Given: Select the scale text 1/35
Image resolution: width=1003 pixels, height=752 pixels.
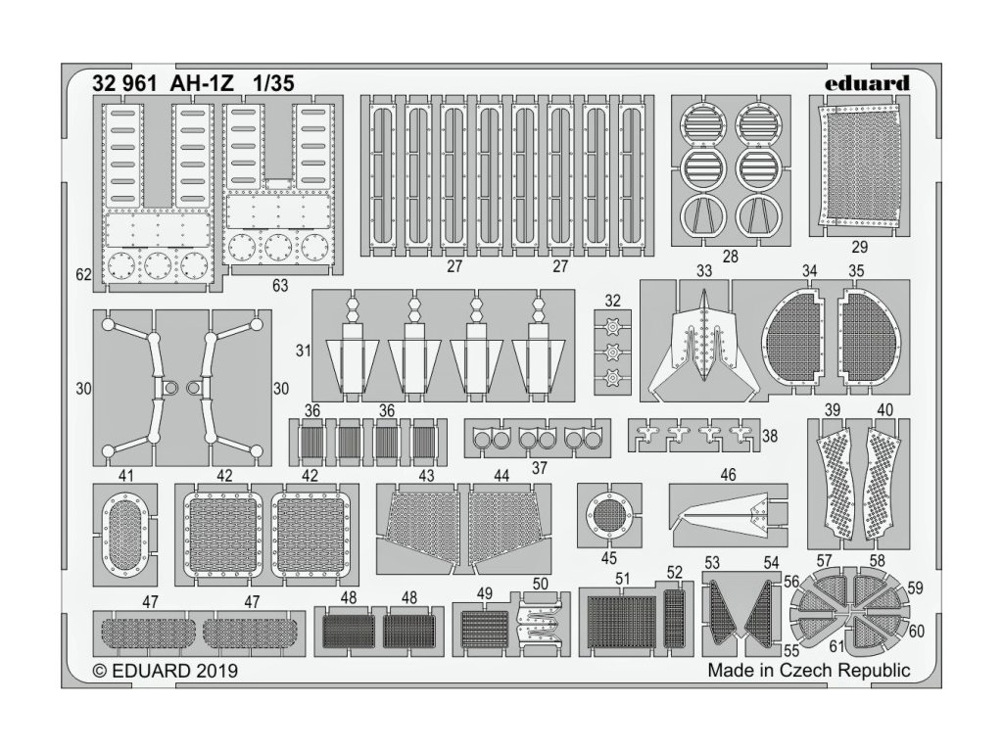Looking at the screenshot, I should pyautogui.click(x=269, y=83).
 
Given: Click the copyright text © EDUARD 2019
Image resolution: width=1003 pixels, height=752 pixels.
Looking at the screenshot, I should pyautogui.click(x=165, y=672).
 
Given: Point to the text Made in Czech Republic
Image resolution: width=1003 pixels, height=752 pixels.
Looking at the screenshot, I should pyautogui.click(x=808, y=671).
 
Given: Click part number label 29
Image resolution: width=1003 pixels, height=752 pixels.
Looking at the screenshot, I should pyautogui.click(x=858, y=247).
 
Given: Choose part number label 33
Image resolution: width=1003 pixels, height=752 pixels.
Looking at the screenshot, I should pyautogui.click(x=703, y=269).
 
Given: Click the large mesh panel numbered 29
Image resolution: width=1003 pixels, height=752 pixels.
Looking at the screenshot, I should pyautogui.click(x=859, y=165).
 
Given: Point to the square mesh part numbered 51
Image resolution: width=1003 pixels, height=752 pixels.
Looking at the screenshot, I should pyautogui.click(x=623, y=622).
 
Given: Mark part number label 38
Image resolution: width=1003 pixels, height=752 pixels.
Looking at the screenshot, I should pyautogui.click(x=769, y=437).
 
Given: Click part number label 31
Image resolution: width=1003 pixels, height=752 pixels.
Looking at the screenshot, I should pyautogui.click(x=302, y=350).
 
